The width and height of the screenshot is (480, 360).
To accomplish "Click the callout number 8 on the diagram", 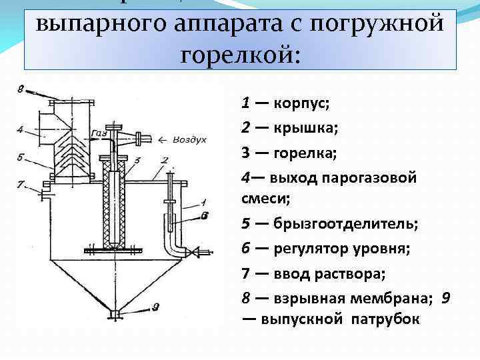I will click(21, 89).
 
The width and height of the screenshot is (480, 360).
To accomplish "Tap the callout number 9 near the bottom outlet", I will click(155, 307).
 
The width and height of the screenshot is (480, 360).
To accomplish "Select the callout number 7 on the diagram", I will click(20, 184).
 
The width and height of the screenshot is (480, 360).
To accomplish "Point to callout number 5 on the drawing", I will click(21, 157).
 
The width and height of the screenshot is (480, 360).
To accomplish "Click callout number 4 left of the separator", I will click(21, 129).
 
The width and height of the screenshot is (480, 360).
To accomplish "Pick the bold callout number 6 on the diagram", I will click(204, 215).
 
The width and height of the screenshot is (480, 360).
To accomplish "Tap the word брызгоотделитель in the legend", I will click(345, 224).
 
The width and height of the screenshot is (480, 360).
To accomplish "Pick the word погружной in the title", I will click(389, 23).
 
